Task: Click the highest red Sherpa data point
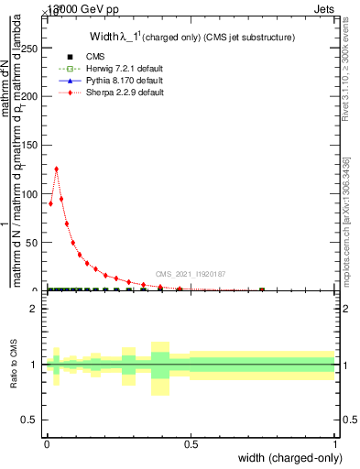[x=57, y=169]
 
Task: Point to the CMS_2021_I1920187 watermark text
[x=190, y=274]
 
